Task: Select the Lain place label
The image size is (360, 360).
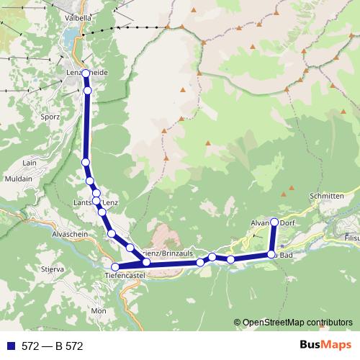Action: point(30,163)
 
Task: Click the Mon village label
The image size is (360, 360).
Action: point(98,310)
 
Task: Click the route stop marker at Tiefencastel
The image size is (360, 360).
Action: point(115,267)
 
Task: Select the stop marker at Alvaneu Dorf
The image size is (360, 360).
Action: point(274,222)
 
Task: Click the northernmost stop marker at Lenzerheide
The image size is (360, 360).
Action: point(86,73)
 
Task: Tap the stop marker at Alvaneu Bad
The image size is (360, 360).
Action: point(271,254)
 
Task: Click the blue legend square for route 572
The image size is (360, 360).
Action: point(10,346)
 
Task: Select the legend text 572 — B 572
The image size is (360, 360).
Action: point(53,346)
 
